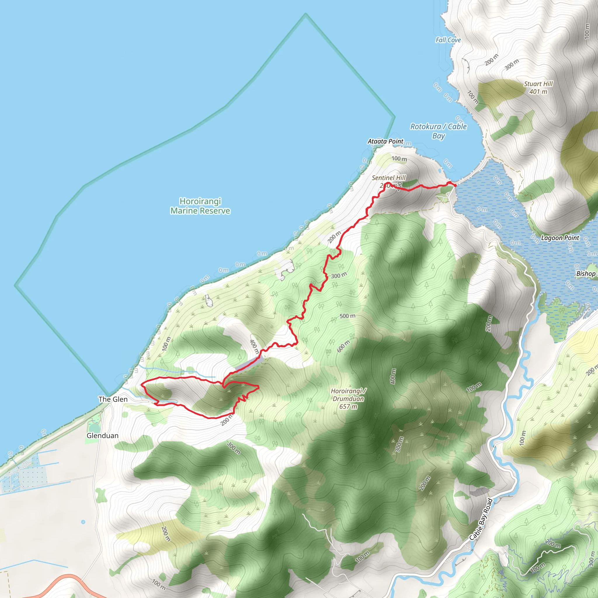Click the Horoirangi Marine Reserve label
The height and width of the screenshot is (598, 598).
[200, 206]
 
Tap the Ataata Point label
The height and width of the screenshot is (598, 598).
[385, 141]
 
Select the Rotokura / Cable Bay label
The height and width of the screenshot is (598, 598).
[438, 131]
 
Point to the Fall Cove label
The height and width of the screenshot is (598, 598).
[448, 40]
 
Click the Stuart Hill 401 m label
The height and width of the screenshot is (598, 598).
[538, 88]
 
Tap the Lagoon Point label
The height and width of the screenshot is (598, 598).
[560, 238]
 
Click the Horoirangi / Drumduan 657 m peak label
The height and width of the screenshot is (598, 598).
[348, 399]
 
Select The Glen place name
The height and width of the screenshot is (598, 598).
[113, 399]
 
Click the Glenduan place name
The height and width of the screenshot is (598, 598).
[102, 435]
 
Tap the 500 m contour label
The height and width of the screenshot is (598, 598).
[347, 316]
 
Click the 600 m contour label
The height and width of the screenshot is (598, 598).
[343, 346]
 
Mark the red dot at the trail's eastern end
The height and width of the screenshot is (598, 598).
[455, 185]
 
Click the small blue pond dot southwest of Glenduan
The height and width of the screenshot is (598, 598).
[83, 522]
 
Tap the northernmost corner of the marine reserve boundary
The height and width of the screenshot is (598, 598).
[305, 14]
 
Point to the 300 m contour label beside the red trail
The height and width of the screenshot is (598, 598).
[339, 275]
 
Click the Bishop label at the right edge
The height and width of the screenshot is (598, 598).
[586, 274]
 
